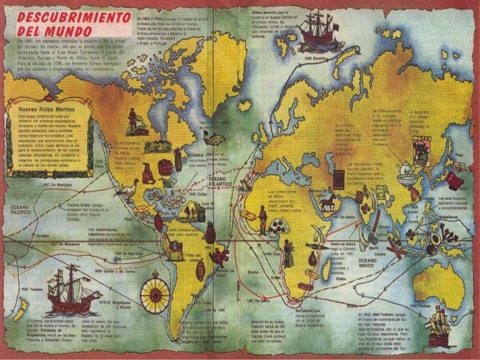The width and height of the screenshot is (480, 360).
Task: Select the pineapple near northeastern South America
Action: coord(211,232)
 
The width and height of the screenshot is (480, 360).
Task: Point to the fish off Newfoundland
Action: coord(197,159)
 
